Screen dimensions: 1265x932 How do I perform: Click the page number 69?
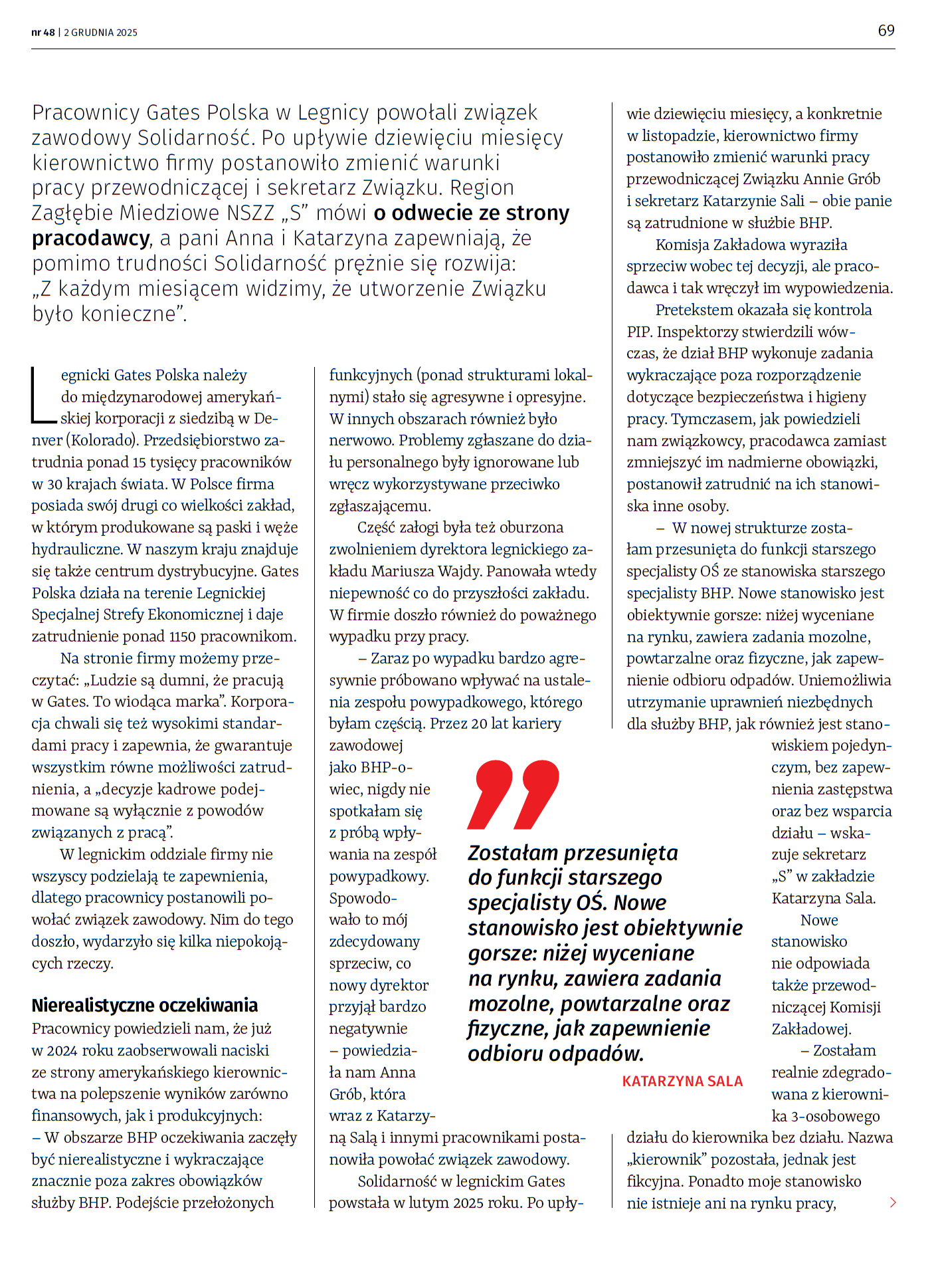pos(886,31)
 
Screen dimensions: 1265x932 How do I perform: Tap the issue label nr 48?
pos(43,33)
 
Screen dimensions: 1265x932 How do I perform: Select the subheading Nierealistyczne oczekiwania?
pos(145,1005)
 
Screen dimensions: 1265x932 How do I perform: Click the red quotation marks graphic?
pos(513,794)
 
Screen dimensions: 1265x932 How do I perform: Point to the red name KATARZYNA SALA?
pos(682,1082)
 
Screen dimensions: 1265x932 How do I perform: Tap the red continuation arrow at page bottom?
pos(893,1202)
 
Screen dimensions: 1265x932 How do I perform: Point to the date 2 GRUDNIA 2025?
pos(101,33)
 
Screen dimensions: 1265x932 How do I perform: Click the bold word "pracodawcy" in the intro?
pos(91,238)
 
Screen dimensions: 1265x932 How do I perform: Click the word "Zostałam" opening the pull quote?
pos(513,853)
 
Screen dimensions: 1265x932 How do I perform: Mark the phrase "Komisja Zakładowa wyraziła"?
pos(751,245)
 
